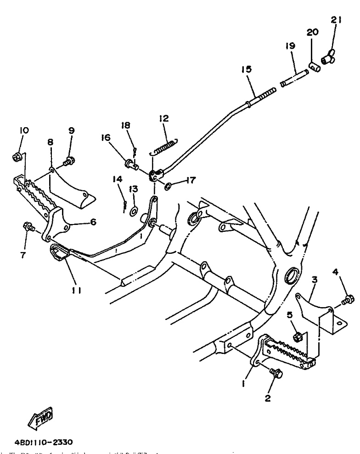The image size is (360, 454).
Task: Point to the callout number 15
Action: pos(246,69)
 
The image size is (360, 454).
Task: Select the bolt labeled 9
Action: pos(70,161)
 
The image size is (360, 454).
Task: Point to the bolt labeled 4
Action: pos(348,300)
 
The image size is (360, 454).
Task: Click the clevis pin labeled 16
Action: pos(131,163)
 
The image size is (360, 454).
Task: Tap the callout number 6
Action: pos(93,221)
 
